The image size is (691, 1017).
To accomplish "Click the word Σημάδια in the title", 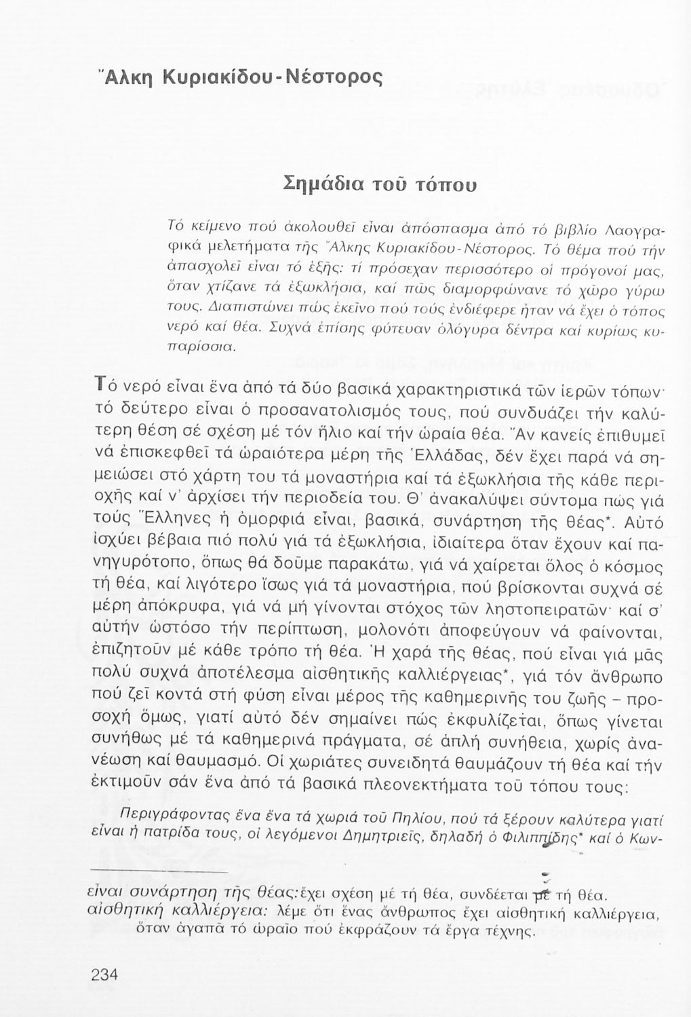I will [x=321, y=183].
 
